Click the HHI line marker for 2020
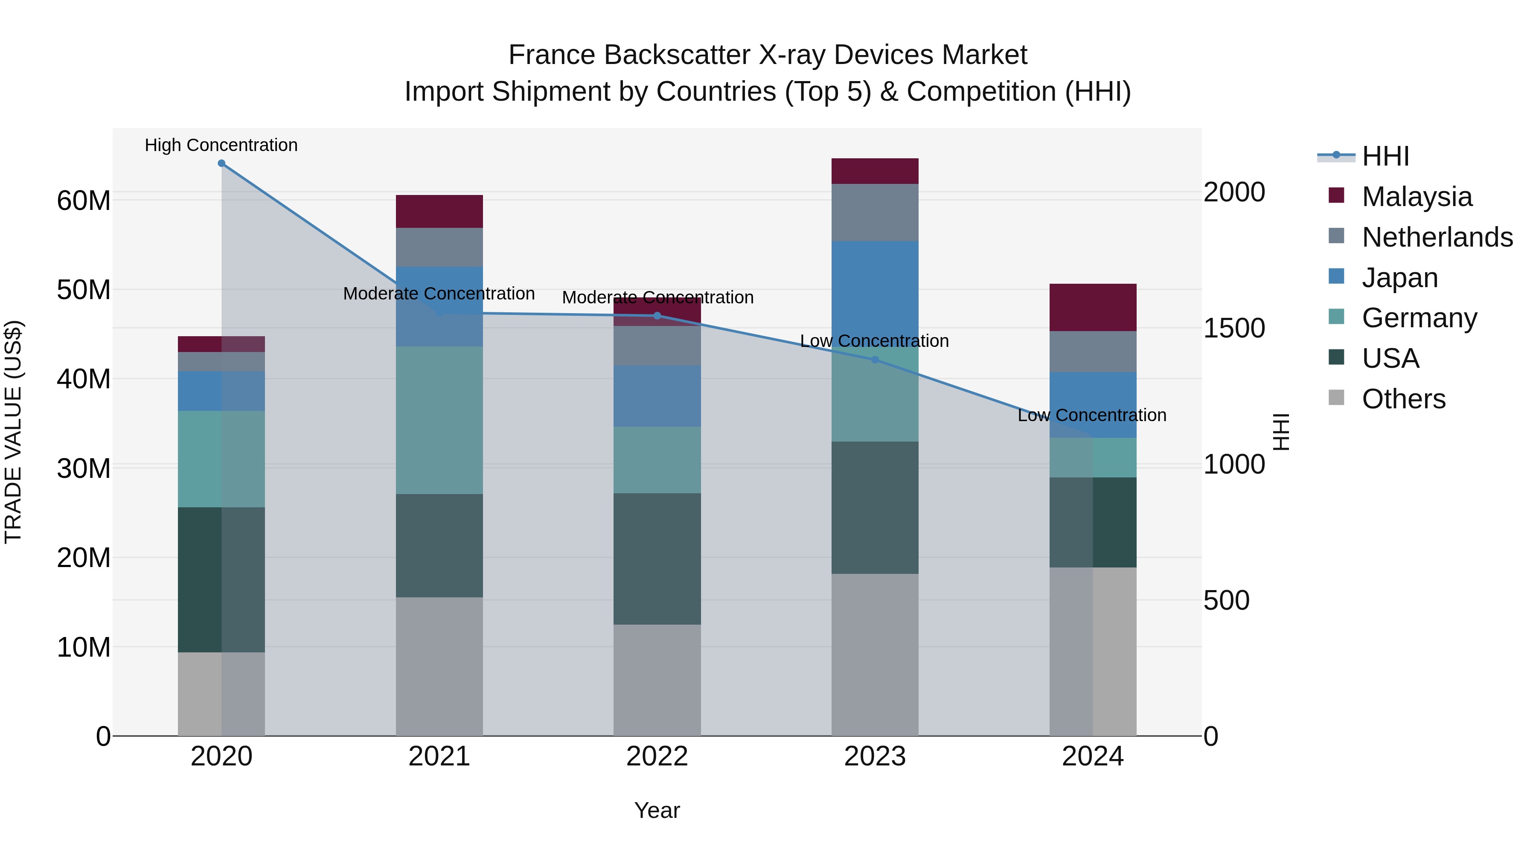pyautogui.click(x=221, y=163)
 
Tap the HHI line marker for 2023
pyautogui.click(x=875, y=360)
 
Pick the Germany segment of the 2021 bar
pyautogui.click(x=439, y=420)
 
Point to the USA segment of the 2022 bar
pyautogui.click(x=657, y=558)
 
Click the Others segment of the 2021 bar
pyautogui.click(x=439, y=666)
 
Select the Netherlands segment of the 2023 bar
pyautogui.click(x=875, y=212)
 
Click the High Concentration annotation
pyautogui.click(x=221, y=145)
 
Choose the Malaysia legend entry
pyautogui.click(x=1416, y=197)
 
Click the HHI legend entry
pyautogui.click(x=1385, y=156)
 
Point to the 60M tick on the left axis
pyautogui.click(x=84, y=201)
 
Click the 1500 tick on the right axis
pyautogui.click(x=1233, y=328)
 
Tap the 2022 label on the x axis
pyautogui.click(x=657, y=756)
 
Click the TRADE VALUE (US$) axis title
pyautogui.click(x=13, y=432)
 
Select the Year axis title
pyautogui.click(x=657, y=810)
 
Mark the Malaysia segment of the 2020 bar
pyautogui.click(x=221, y=344)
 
